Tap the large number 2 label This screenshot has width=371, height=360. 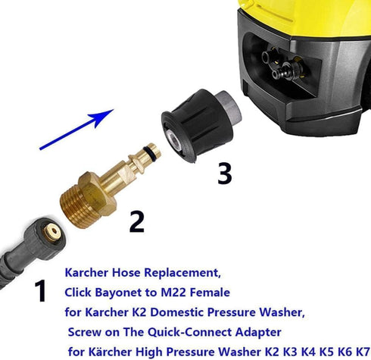coord(136,221)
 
